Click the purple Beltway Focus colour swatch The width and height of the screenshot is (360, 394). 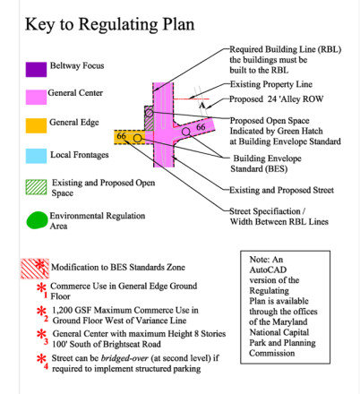tap(36, 70)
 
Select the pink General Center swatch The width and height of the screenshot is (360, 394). tap(36, 98)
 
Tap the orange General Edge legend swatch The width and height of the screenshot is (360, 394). tap(36, 125)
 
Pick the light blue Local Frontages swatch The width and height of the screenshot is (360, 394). tap(36, 156)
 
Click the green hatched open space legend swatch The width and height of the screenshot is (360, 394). tap(36, 187)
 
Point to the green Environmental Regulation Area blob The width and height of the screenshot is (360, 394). tap(37, 220)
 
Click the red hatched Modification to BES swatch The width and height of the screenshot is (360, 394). tap(35, 269)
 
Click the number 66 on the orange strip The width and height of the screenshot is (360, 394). tap(121, 136)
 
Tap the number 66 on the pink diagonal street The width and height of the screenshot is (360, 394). tap(201, 127)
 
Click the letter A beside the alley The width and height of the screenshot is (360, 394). tap(202, 106)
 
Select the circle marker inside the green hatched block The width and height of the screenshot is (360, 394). tap(150, 113)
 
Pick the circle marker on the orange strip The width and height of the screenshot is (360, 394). tap(137, 138)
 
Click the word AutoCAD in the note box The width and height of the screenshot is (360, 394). tap(268, 270)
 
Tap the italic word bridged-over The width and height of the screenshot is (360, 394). tap(124, 358)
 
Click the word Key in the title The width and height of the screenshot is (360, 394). tap(39, 24)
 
